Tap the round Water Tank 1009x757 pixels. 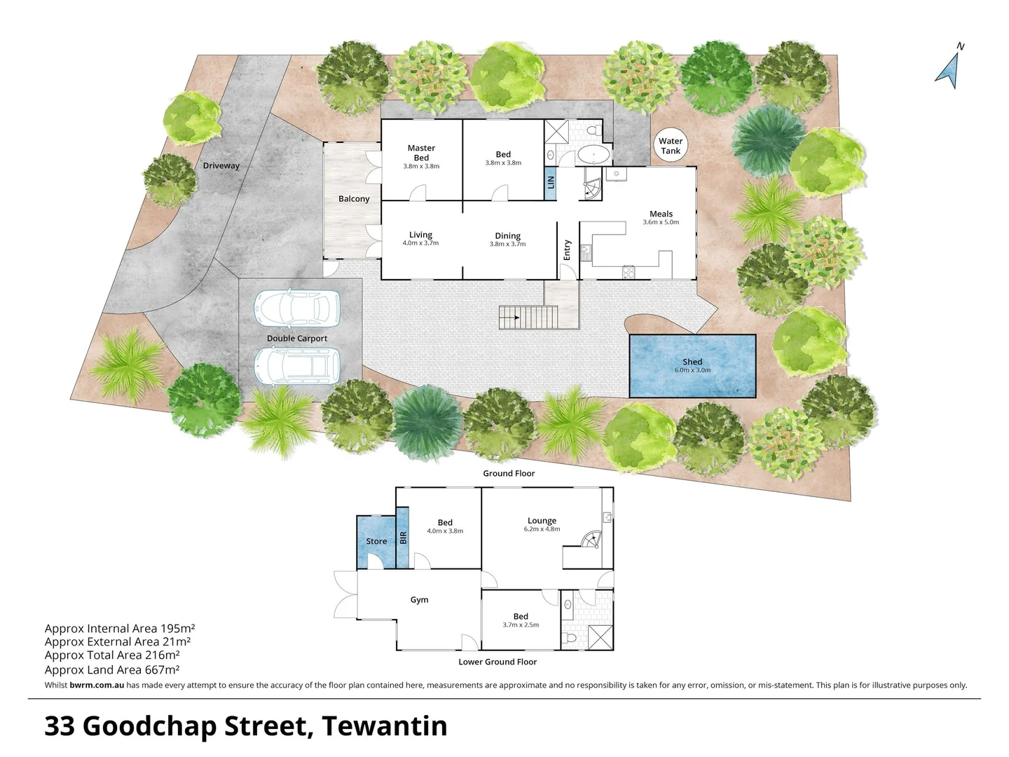(x=670, y=146)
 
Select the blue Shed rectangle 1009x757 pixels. (x=692, y=367)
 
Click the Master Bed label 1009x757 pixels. (x=421, y=153)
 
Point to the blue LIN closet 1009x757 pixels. (x=551, y=182)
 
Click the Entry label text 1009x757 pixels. (x=568, y=250)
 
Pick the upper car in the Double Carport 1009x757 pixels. (x=297, y=309)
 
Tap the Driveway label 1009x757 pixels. (x=221, y=166)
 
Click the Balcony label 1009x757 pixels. (x=354, y=199)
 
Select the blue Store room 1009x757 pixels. (x=376, y=541)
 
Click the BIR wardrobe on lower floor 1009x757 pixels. (x=403, y=538)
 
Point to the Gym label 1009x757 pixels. (x=419, y=600)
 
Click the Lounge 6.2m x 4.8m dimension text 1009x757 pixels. (x=542, y=530)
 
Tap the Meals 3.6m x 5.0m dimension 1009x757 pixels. (x=661, y=222)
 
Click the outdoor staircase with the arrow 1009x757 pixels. (x=528, y=318)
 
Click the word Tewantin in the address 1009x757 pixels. (x=384, y=726)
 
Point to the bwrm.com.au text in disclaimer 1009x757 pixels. (x=97, y=686)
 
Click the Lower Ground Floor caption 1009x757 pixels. (x=497, y=662)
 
